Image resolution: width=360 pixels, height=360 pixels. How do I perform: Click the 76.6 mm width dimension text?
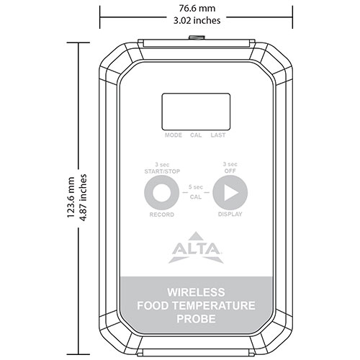[197, 8]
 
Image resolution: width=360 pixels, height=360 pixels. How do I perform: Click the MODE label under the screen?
[173, 135]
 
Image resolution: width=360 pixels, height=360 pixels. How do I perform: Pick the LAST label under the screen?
[218, 135]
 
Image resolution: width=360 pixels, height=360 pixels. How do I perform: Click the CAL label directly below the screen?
[196, 135]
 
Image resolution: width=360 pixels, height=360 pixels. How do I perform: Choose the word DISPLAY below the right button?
[230, 215]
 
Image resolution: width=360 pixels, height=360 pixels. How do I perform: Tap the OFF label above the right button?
[230, 171]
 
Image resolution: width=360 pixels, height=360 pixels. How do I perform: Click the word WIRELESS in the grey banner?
[196, 293]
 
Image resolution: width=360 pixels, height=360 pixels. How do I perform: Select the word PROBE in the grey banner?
[196, 318]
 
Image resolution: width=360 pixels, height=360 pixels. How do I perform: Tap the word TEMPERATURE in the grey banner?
[220, 305]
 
